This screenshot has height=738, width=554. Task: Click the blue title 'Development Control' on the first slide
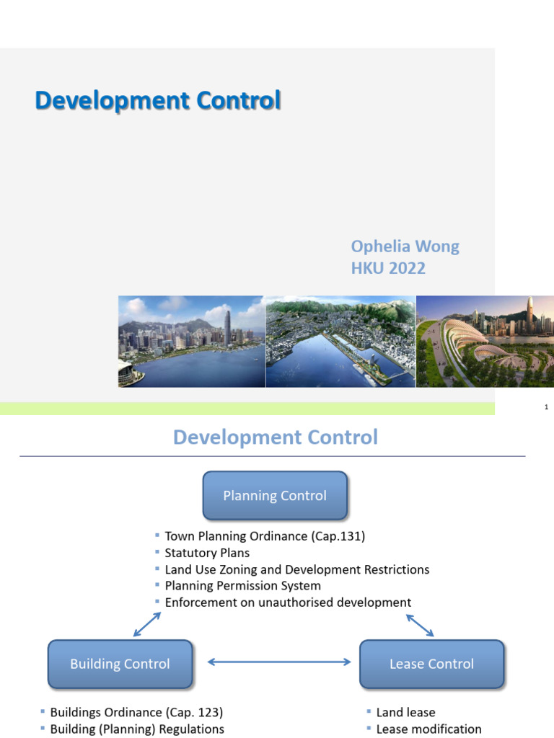[x=158, y=101]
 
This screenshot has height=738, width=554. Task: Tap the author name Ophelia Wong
[x=405, y=246]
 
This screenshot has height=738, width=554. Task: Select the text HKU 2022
[x=388, y=269]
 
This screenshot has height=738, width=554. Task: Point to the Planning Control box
[x=275, y=496]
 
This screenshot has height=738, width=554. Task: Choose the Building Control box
[x=120, y=664]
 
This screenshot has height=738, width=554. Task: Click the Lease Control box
[x=431, y=664]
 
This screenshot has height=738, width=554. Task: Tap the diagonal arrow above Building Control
[x=146, y=624]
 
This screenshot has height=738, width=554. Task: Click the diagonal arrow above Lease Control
[x=420, y=625]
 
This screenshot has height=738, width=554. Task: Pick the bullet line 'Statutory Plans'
[x=207, y=553]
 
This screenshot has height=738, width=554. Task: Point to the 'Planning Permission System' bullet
[x=242, y=586]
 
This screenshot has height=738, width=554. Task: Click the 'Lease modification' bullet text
[x=428, y=729]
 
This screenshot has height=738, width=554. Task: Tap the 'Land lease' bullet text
[x=405, y=712]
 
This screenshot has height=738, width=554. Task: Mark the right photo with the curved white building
[x=485, y=341]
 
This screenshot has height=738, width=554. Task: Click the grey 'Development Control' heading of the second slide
[x=276, y=437]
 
